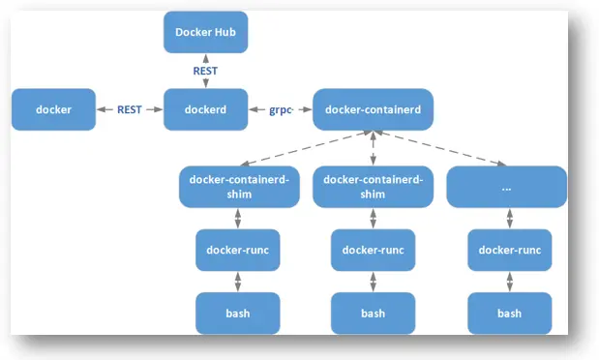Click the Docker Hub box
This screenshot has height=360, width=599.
coord(204,33)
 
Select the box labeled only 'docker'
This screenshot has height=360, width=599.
coord(54,109)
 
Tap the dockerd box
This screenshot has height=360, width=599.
coord(204,109)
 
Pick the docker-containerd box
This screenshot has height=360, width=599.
coord(373,109)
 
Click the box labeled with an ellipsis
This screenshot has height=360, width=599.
coord(506,187)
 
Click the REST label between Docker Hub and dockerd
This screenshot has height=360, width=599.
coord(204,71)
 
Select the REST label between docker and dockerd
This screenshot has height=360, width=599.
coord(130,109)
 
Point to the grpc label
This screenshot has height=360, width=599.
coord(280,109)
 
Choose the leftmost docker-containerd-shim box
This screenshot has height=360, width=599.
coord(238,187)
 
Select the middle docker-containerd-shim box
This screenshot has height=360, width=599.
coord(373,187)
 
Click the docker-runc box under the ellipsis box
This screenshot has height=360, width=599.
coord(510,250)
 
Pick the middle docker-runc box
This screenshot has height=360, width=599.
coord(373,250)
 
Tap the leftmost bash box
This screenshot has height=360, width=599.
coord(238,313)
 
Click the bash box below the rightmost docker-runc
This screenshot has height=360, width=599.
coord(510,313)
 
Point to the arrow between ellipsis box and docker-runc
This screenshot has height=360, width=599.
coord(509,218)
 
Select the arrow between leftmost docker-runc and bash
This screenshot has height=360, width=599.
coord(238,282)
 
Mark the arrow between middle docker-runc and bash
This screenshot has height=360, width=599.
coord(373,282)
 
